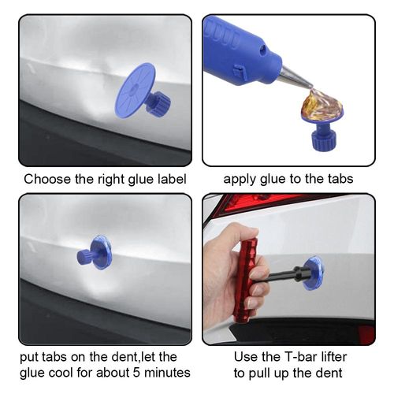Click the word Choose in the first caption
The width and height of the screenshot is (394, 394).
pos(47,180)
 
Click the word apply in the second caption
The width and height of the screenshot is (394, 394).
pos(240,180)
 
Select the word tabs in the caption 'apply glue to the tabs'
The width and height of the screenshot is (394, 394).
pos(340,179)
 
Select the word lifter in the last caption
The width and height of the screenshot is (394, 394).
pos(334,357)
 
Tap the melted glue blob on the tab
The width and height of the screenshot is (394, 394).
pos(322,104)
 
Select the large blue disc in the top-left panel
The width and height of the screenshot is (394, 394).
pos(135,90)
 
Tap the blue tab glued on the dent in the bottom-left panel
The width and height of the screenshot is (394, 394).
pos(95,253)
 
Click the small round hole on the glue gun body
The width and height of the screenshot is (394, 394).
pos(262,50)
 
